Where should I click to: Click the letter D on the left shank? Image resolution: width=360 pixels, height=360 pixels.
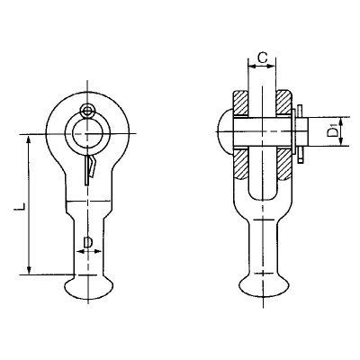tap(87, 241)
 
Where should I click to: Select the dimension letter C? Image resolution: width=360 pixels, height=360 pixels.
tap(260, 58)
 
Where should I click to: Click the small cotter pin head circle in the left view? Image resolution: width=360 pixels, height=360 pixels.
tap(86, 112)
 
